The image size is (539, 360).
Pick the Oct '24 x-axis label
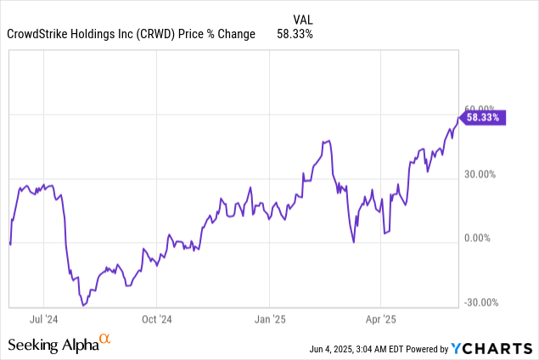(156, 319)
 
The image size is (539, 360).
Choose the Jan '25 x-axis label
(269, 319)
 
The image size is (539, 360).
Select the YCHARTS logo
(493, 347)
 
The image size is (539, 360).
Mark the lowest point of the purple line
(83, 303)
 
